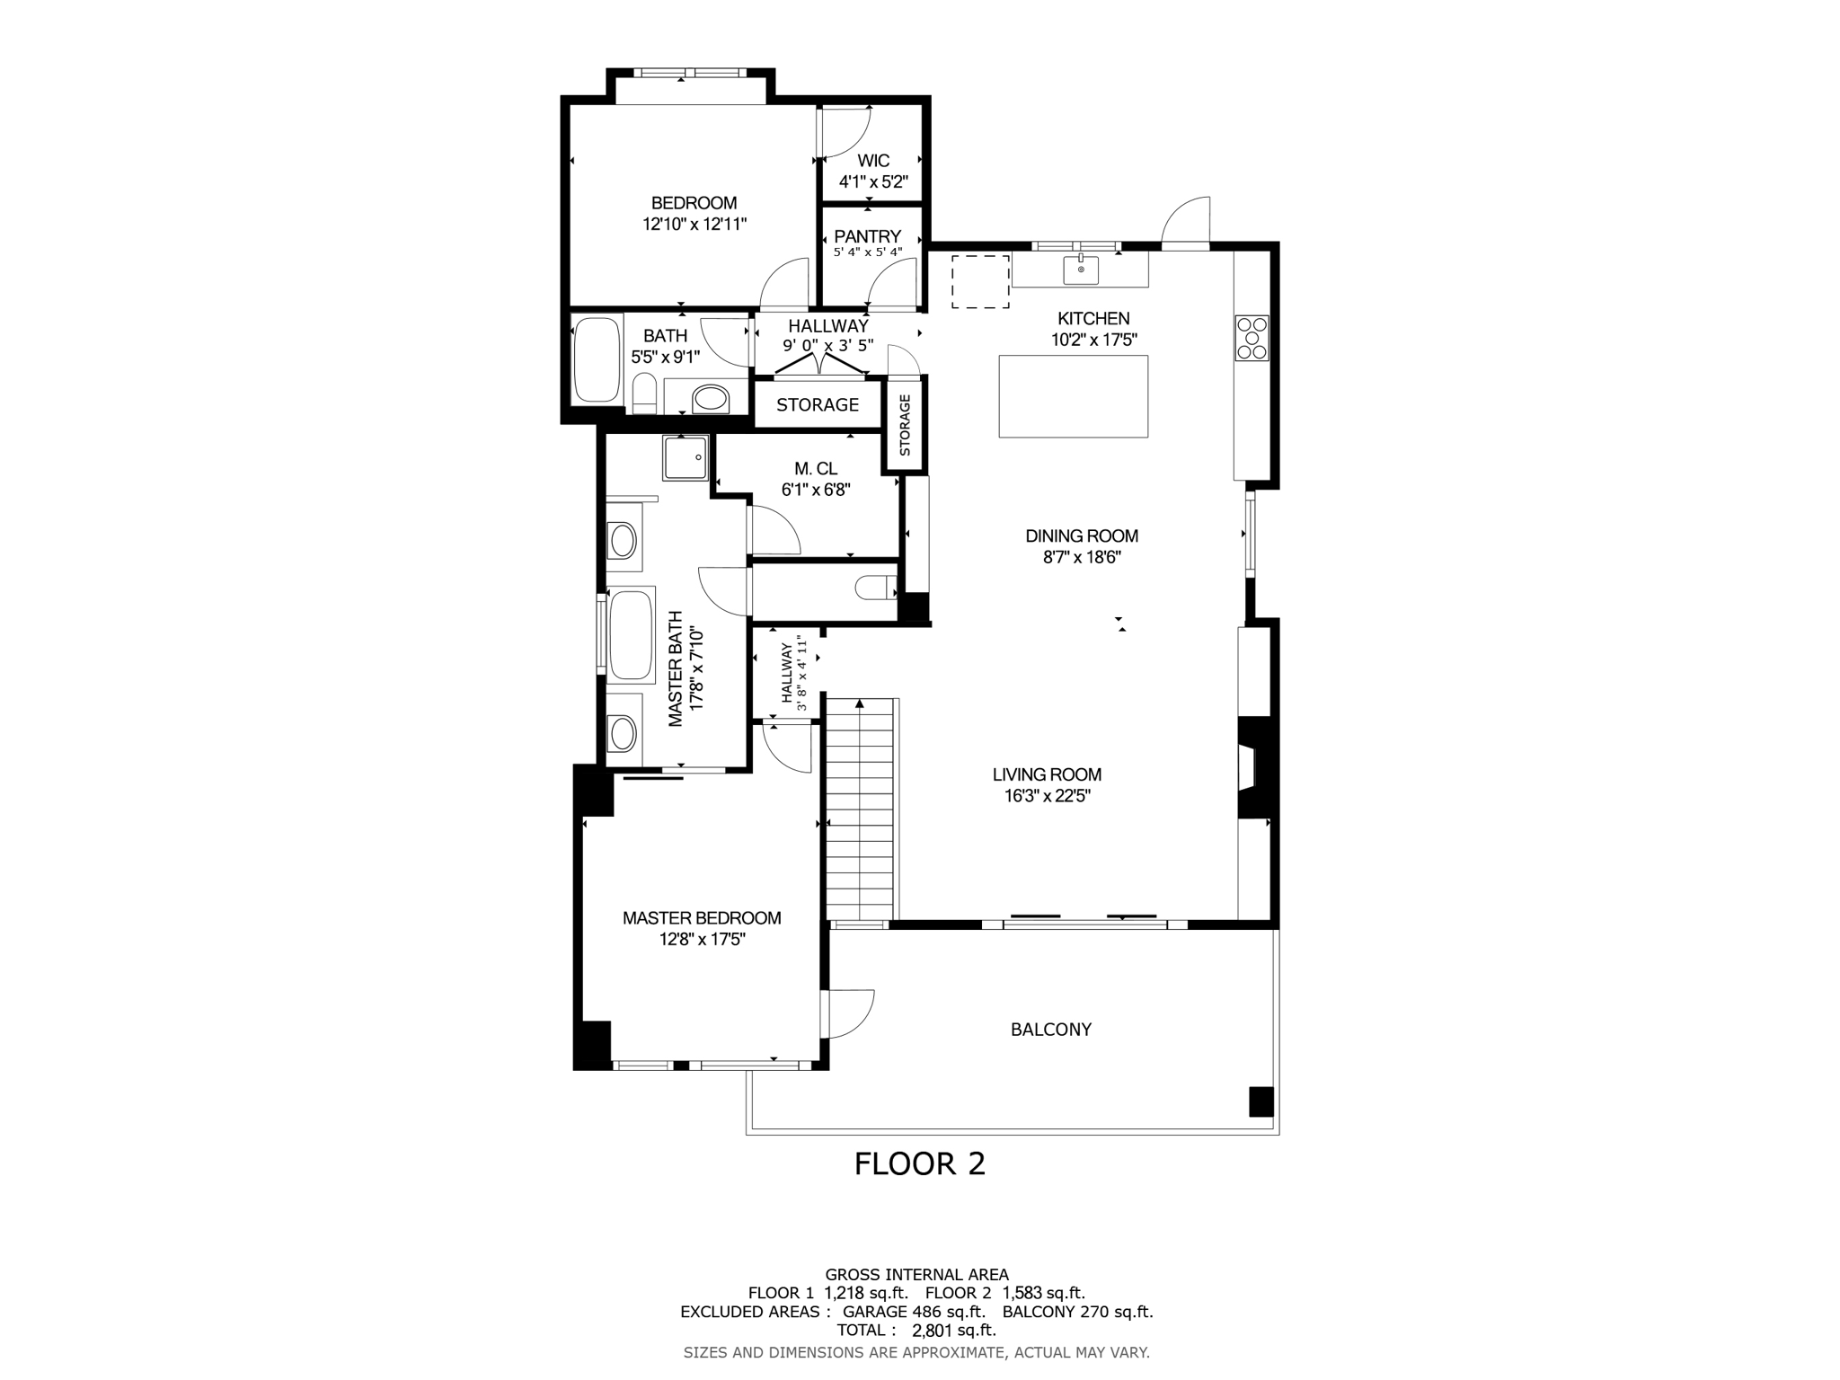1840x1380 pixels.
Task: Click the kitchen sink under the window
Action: (x=1081, y=269)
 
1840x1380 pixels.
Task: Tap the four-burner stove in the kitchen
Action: (x=1252, y=338)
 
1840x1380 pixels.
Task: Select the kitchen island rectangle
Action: (x=1073, y=396)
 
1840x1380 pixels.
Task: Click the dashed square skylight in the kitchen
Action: (x=980, y=281)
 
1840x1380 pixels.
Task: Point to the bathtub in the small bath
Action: (x=597, y=358)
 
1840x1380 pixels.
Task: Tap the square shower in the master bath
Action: (x=686, y=457)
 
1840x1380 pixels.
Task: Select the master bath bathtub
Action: (x=631, y=635)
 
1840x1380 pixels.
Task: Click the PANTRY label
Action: (x=867, y=236)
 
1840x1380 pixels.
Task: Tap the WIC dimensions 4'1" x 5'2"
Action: (x=873, y=181)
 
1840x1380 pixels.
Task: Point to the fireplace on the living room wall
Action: (x=1252, y=767)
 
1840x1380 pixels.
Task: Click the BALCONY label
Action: (x=1050, y=1030)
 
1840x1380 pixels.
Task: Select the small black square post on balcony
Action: (x=1261, y=1101)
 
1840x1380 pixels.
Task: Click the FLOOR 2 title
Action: (x=919, y=1163)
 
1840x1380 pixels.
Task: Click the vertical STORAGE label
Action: (x=905, y=425)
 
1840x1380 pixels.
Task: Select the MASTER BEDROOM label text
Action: (x=702, y=918)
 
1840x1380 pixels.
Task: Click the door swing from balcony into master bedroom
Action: (x=849, y=1013)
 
